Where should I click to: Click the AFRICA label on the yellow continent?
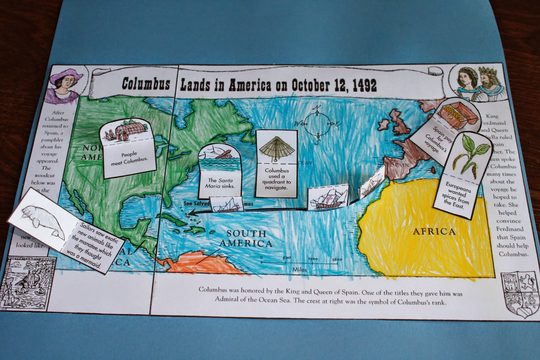pyautogui.click(x=434, y=232)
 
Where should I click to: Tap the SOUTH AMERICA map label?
pyautogui.click(x=246, y=238)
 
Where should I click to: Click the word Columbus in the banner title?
pyautogui.click(x=146, y=83)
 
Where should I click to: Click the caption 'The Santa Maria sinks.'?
pyautogui.click(x=220, y=183)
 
